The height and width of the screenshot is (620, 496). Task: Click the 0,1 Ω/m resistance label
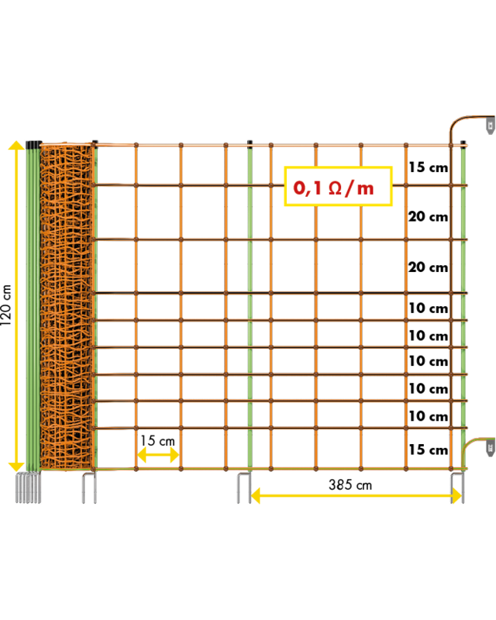pos(338,186)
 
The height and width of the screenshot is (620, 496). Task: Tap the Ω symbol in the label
pos(336,188)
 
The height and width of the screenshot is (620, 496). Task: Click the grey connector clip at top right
pos(490,125)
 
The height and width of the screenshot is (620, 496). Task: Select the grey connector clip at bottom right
pos(490,447)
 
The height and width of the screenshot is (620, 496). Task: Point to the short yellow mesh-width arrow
pos(158,455)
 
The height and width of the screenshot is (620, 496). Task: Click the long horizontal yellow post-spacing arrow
pos(356,495)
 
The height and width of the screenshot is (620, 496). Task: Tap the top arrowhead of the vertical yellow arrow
pos(16,145)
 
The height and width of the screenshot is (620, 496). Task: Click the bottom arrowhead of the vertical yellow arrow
pos(16,466)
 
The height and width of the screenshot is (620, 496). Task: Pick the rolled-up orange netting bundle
pos(66,307)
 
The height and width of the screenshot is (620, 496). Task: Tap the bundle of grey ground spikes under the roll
pos(28,487)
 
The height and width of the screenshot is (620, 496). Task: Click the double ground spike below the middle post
pos(244,488)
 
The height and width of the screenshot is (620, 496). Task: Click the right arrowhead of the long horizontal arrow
pos(456,495)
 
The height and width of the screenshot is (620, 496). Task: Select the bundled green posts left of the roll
pos(33,307)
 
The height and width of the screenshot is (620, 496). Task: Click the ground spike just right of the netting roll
pos(89,488)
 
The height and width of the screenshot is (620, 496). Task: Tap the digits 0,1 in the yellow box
pos(307,188)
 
